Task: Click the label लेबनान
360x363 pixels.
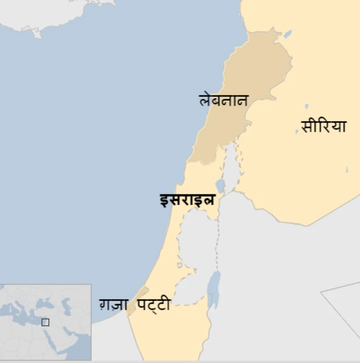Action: [x=223, y=100]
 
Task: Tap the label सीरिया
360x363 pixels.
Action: [x=323, y=126]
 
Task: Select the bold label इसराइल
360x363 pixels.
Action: [x=187, y=199]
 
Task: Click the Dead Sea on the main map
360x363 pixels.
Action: [x=213, y=288]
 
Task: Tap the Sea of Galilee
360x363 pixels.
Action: [x=220, y=185]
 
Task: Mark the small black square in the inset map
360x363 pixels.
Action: [x=45, y=323]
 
